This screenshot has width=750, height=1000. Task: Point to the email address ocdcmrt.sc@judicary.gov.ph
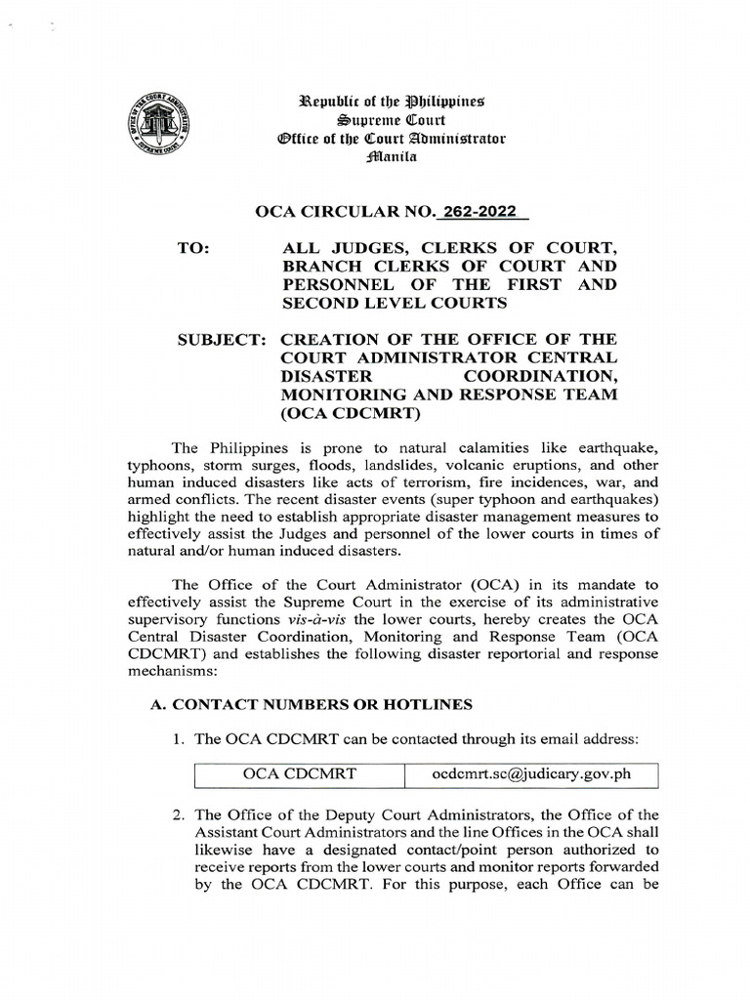[531, 774]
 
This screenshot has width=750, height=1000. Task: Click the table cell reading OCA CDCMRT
[300, 774]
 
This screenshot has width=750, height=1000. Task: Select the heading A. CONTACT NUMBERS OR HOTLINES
[308, 703]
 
